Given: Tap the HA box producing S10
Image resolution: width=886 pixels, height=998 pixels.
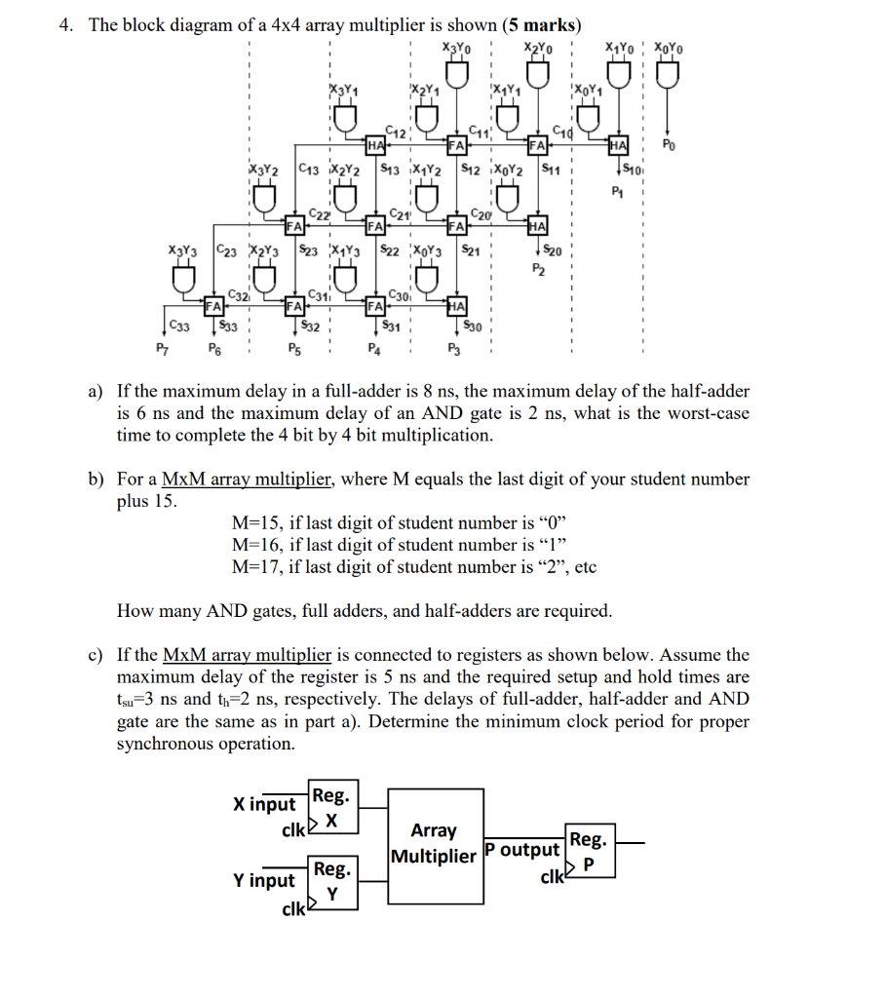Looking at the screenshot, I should coord(616,146).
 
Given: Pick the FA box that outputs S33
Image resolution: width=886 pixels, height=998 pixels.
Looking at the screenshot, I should coord(212,304).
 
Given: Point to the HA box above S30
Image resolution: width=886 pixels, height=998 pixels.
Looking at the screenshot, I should coord(457,304).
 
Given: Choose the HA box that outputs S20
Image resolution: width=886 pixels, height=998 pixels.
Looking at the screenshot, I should coord(537,225).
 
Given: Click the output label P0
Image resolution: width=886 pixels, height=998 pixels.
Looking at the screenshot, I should coord(668,146).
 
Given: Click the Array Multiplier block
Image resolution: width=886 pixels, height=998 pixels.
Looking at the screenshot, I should coord(434,844).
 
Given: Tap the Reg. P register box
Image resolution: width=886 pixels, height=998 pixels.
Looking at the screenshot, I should coord(589,850).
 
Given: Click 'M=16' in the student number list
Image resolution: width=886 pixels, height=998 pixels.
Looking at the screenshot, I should coord(254,544).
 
